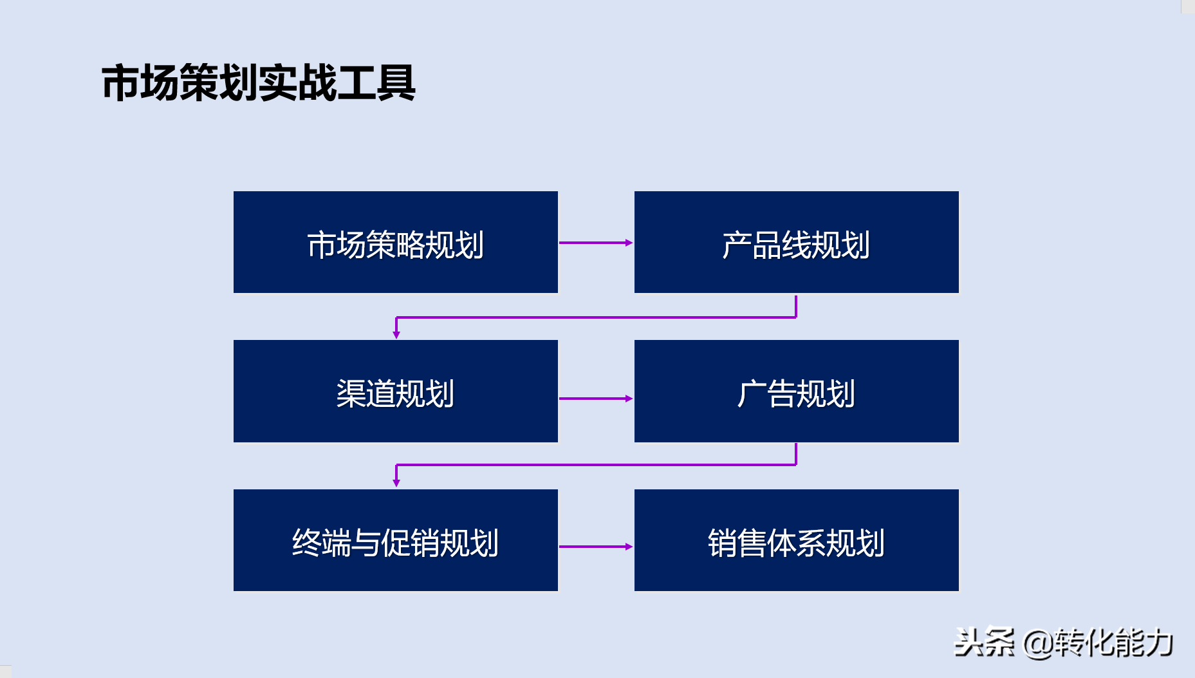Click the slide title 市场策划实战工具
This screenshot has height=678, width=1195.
click(259, 83)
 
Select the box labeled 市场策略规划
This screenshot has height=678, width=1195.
click(396, 242)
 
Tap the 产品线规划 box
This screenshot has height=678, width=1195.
click(797, 242)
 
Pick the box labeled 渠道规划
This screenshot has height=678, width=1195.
click(396, 391)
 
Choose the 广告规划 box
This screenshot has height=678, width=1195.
click(797, 391)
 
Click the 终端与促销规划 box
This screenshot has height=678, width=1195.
click(396, 540)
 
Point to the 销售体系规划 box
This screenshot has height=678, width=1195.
click(797, 540)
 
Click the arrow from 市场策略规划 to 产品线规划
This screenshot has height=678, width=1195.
click(596, 243)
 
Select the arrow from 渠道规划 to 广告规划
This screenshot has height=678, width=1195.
click(596, 399)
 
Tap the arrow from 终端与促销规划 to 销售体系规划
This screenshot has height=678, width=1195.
click(596, 547)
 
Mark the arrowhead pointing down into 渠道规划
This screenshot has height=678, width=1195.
click(396, 335)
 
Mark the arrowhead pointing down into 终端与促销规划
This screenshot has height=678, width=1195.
click(396, 483)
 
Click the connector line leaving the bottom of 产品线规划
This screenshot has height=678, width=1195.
click(596, 317)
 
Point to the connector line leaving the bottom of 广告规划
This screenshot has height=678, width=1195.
click(596, 464)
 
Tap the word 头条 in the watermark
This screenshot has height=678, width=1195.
click(984, 642)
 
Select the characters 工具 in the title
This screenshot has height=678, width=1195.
click(376, 83)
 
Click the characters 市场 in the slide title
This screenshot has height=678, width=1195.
click(140, 83)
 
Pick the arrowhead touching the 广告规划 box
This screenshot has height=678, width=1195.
click(629, 399)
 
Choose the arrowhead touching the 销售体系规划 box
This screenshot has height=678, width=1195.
click(629, 547)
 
